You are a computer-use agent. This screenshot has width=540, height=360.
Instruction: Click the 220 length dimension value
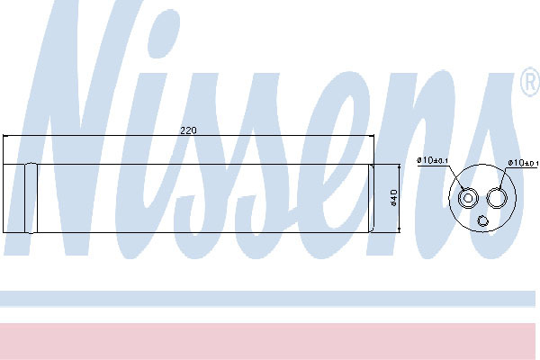point(188,130)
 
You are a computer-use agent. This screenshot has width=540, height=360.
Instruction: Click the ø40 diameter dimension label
point(394,198)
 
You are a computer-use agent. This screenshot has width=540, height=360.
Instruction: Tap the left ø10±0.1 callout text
point(432,160)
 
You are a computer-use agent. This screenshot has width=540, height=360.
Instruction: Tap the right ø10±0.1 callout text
point(523,163)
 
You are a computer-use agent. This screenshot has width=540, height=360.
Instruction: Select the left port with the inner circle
point(468,198)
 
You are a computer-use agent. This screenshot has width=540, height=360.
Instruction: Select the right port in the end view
point(497,198)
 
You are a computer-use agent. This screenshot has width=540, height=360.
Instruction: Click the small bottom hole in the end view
point(482,220)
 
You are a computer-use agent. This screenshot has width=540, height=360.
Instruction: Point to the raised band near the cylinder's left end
point(31,198)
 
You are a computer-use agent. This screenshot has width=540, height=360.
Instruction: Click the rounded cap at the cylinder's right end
point(371,198)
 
